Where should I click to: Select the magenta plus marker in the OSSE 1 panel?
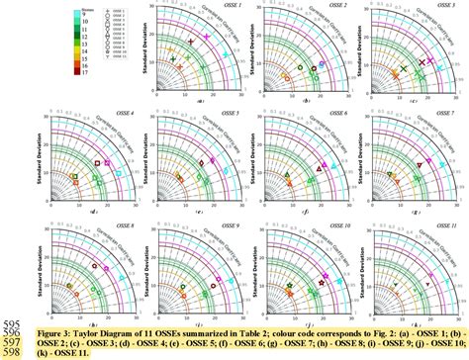click(x=207, y=37)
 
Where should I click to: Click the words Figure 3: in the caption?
click(x=50, y=332)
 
